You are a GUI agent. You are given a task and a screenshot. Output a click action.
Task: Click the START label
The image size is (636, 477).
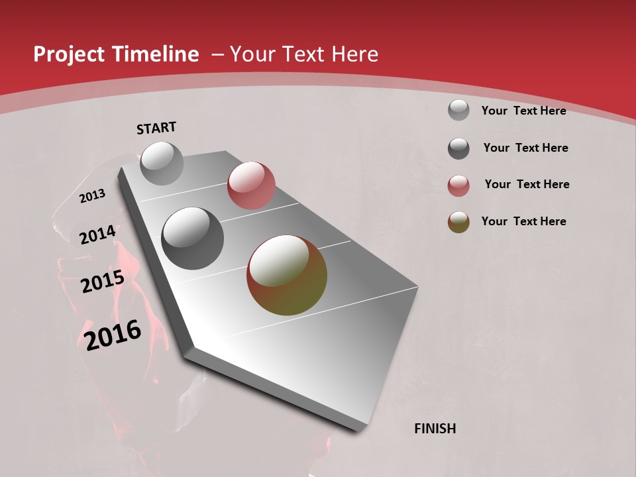156,128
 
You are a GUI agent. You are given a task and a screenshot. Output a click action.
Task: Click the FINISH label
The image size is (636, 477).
435,429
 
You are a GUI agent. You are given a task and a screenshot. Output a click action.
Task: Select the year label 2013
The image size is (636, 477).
93,195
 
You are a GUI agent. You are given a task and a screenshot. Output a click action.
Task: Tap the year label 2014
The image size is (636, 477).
97,235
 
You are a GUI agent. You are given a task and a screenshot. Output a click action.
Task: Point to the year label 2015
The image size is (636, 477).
103,282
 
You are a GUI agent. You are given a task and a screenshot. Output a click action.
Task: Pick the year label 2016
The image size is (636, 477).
113,335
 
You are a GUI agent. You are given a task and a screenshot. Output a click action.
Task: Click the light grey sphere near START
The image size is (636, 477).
162,163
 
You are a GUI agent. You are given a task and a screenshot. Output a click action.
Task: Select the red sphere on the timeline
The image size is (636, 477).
251,185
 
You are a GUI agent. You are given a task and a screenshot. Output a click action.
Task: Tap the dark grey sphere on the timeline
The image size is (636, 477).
193,238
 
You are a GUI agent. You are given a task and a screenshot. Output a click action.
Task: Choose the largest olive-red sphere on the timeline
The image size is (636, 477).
287,275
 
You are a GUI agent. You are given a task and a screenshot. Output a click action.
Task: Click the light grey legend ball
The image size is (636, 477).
458,110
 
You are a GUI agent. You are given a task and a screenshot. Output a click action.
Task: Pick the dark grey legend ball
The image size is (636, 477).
458,148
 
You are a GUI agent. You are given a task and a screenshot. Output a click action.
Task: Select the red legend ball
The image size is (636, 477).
458,185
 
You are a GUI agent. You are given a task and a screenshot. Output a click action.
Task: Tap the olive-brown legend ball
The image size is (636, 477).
458,222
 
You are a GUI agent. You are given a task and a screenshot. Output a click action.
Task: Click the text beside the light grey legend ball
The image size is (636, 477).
523,111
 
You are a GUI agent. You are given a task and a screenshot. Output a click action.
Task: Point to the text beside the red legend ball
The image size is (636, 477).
527,184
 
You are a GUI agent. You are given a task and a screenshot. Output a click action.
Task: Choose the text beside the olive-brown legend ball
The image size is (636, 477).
523,221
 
